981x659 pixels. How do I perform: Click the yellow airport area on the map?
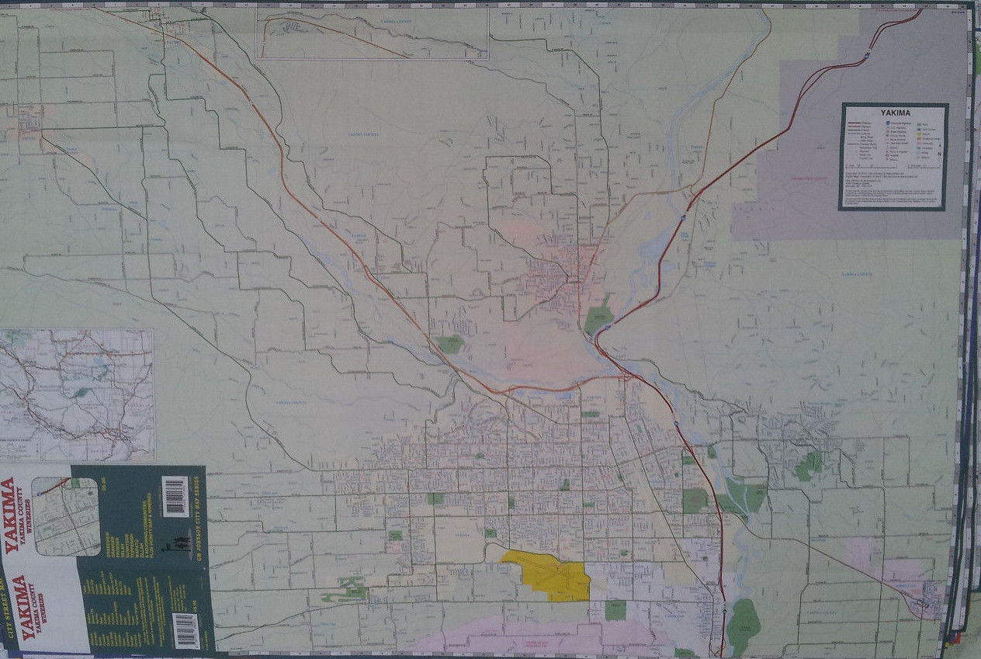(547, 574)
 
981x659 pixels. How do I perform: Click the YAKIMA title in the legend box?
(893, 110)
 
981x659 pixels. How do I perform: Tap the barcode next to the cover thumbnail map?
(175, 496)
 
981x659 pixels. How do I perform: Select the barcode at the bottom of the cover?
(185, 630)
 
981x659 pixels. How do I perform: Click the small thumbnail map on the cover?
(66, 516)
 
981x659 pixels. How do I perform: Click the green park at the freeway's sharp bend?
(598, 319)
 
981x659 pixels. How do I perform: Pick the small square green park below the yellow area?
(615, 610)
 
